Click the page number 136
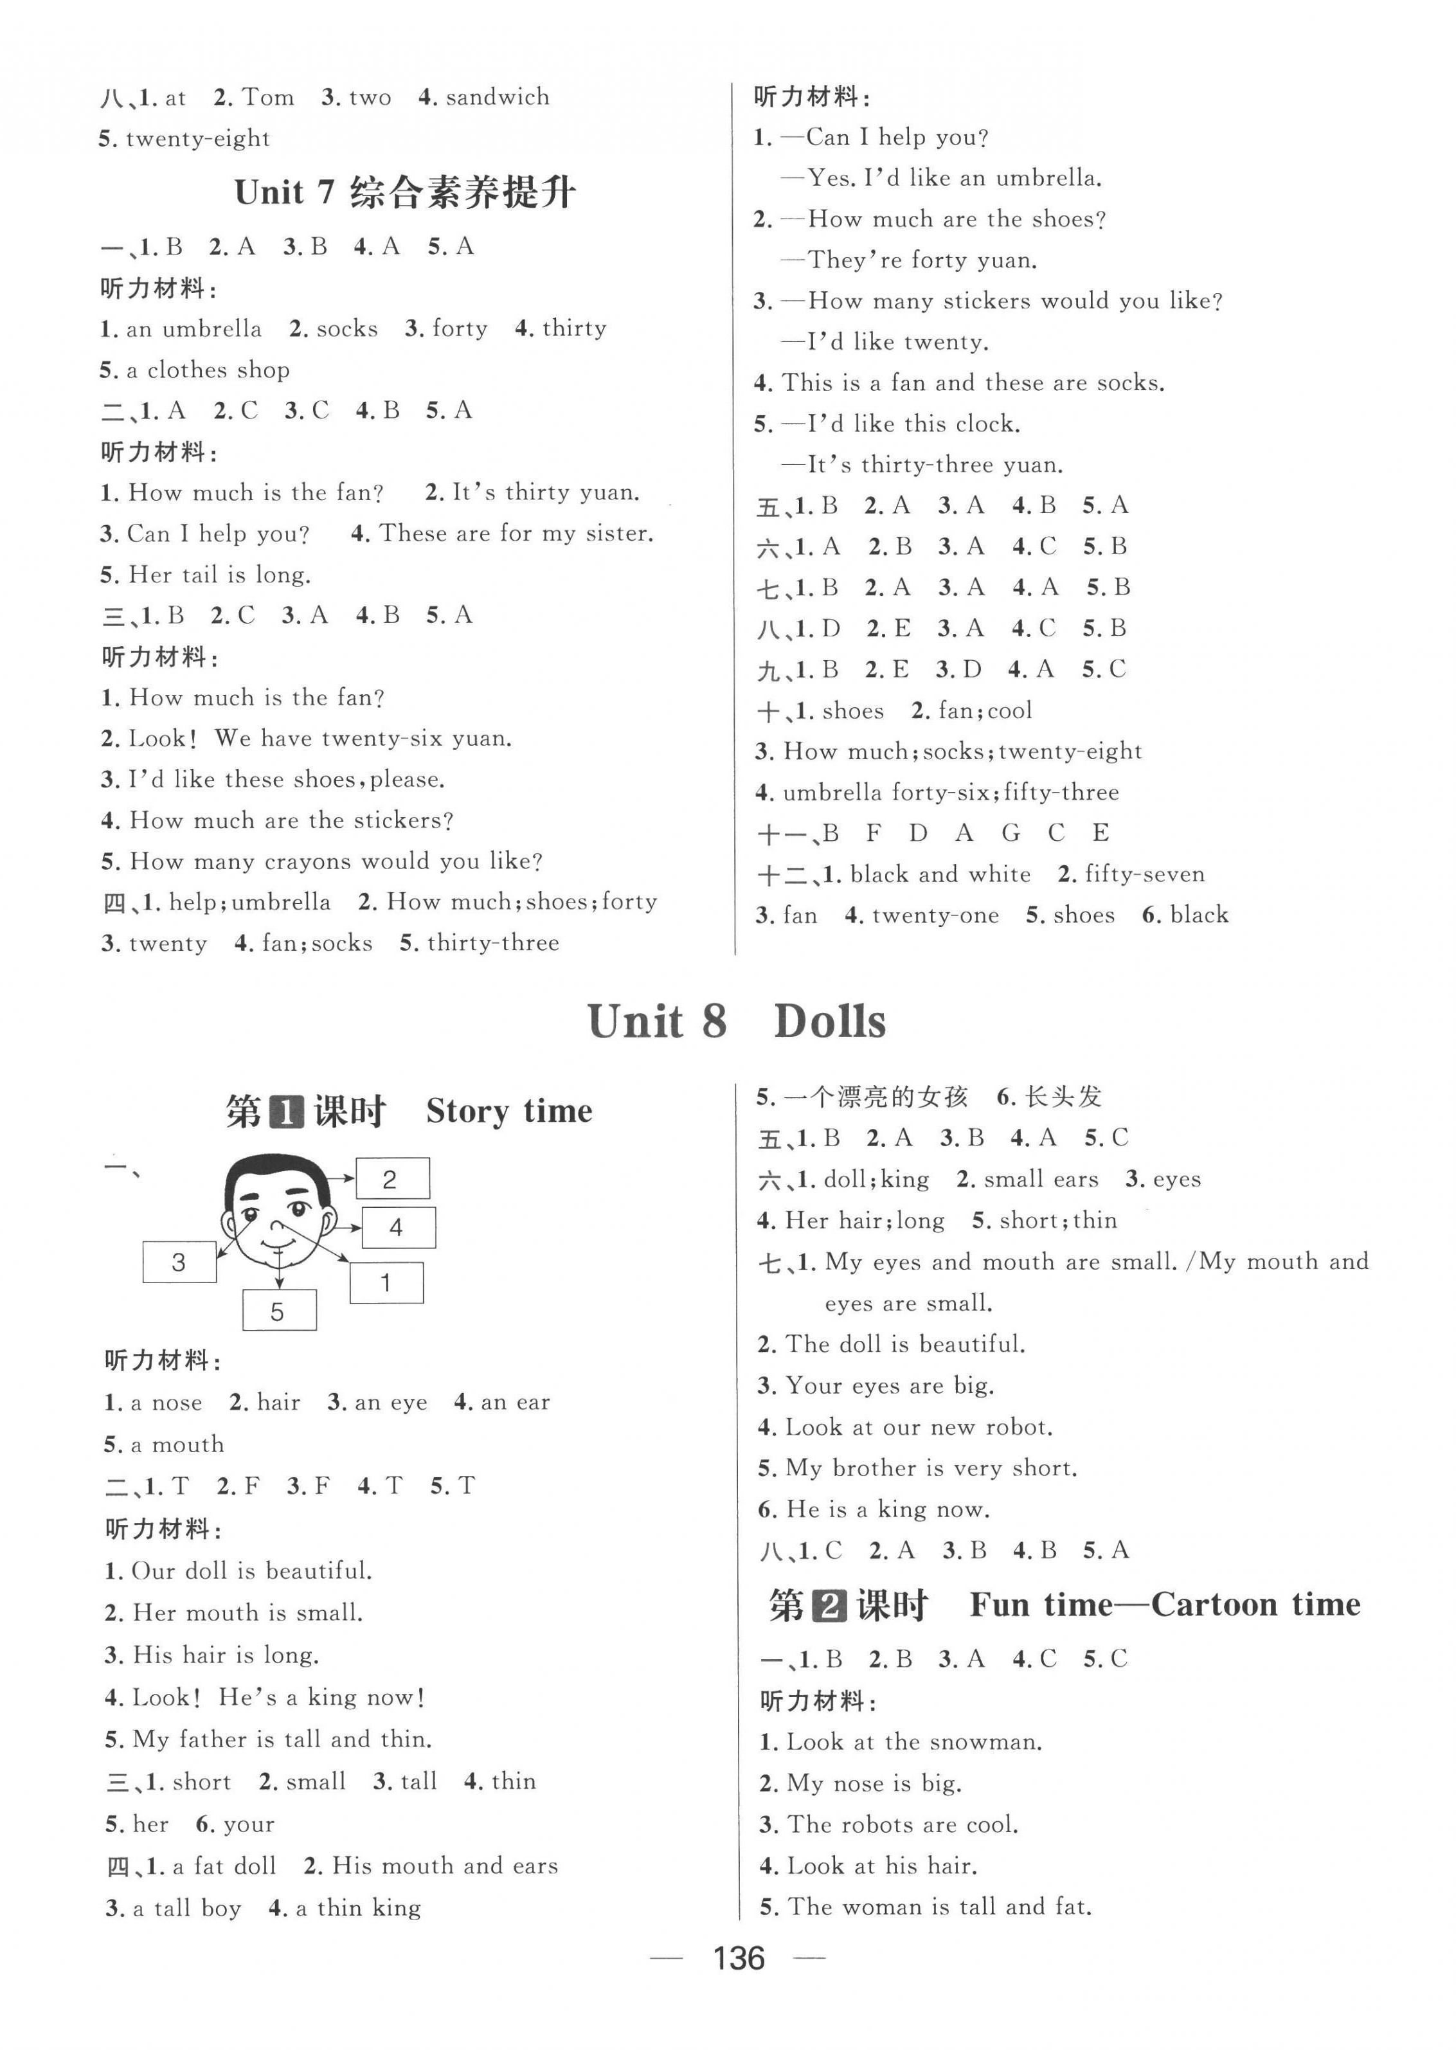[x=738, y=1959]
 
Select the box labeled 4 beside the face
[x=398, y=1228]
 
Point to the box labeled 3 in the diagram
[x=179, y=1262]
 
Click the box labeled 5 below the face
[x=279, y=1311]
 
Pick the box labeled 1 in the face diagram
[x=386, y=1282]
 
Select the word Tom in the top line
[x=268, y=97]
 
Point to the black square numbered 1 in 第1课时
[x=286, y=1112]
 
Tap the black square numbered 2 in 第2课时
[x=829, y=1605]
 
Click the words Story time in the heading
[x=508, y=1111]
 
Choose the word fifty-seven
[x=1144, y=874]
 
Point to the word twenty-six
[x=384, y=739]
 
